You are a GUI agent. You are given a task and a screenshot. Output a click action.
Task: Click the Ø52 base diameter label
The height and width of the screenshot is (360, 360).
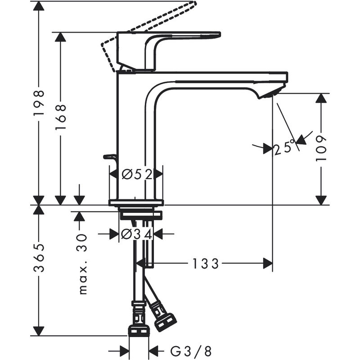[x=136, y=174]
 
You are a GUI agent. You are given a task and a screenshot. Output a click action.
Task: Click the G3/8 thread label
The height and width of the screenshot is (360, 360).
[x=191, y=351]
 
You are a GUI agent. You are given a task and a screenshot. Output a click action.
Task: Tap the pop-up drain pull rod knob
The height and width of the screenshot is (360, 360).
[x=109, y=157]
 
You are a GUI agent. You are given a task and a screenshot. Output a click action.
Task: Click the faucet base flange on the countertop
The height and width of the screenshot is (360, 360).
[x=136, y=202]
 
